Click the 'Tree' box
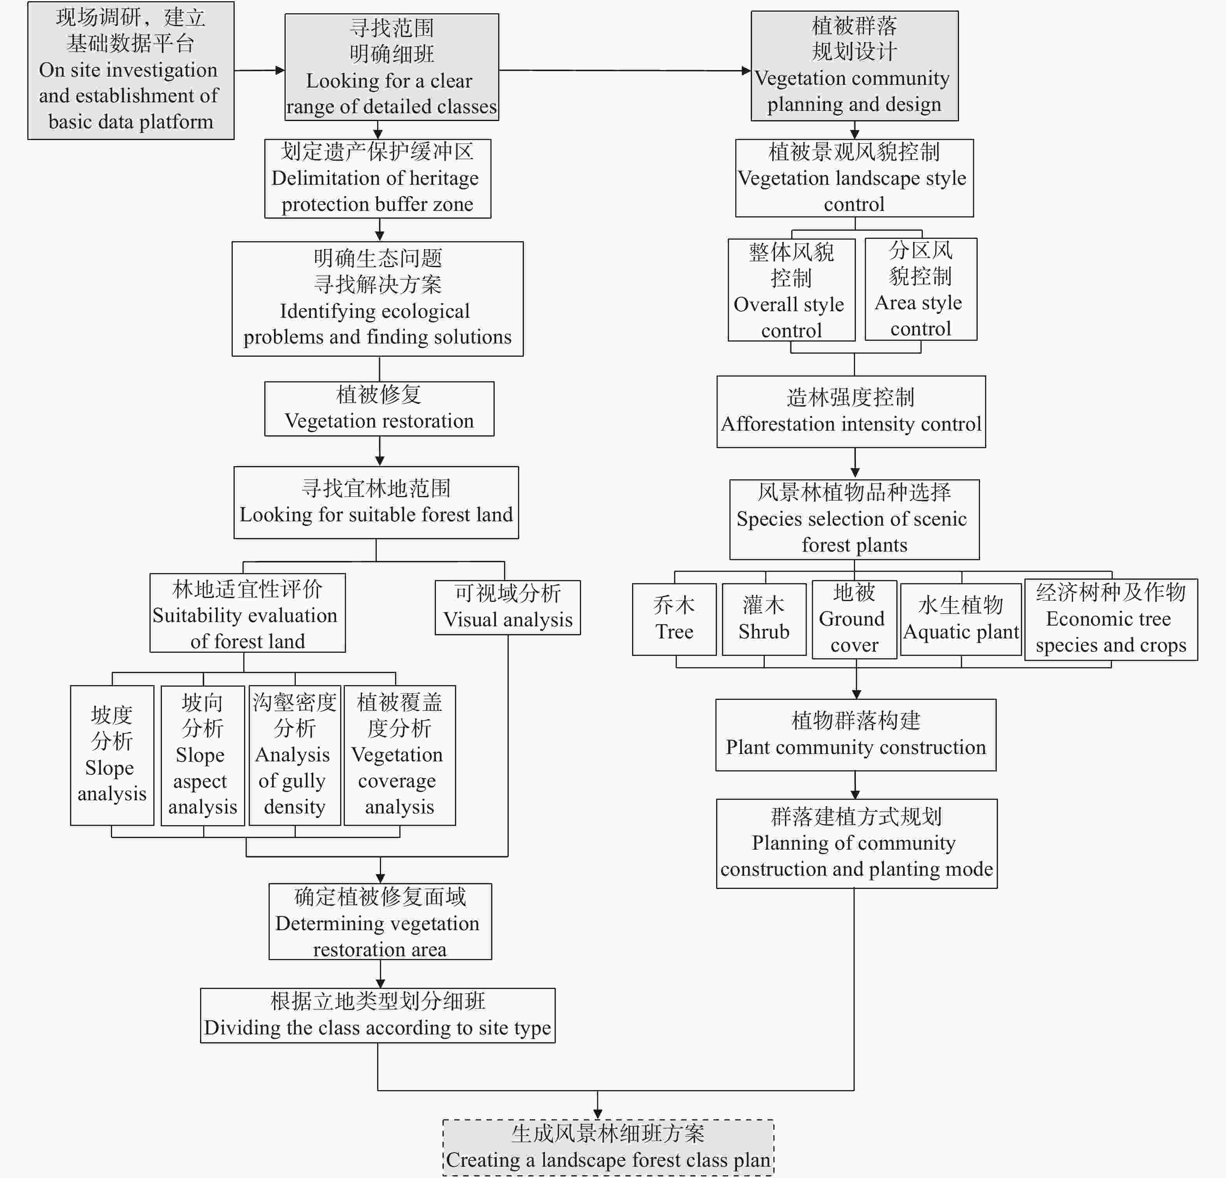coord(674,619)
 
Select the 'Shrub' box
coord(764,619)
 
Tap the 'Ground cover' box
coord(854,619)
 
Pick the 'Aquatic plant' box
coord(961,619)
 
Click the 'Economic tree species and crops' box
coord(1110,619)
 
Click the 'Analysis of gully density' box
coord(295,756)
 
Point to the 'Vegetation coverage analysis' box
coord(399,756)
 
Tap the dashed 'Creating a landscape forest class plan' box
coord(608,1147)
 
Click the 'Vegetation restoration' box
coord(379,408)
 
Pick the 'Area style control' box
coord(920,289)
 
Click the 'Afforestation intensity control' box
coord(851,412)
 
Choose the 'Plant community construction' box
coord(855,734)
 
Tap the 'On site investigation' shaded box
coord(131,70)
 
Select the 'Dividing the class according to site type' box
coord(377,1015)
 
